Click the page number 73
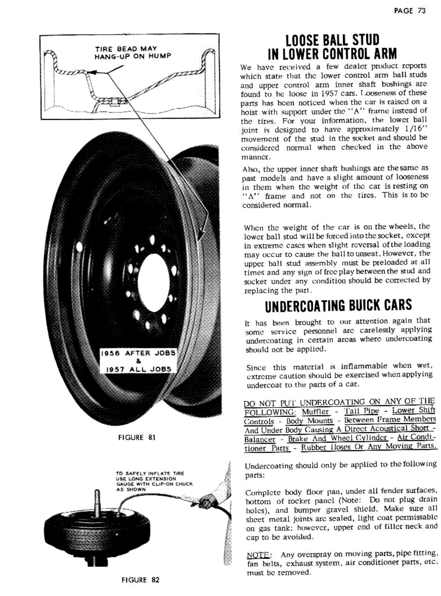click(421, 11)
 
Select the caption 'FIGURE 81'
click(137, 437)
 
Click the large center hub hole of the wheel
click(153, 276)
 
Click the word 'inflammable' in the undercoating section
click(364, 366)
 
